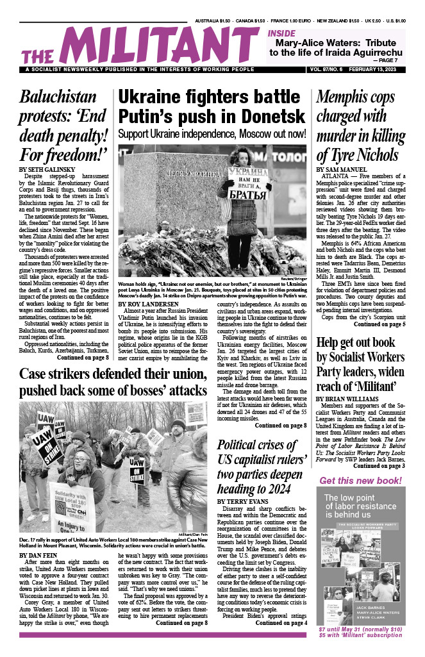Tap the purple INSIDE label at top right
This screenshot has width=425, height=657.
pos(283,33)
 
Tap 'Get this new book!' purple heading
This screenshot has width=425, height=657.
pos(360,481)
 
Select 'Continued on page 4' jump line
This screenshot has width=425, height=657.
pos(275,622)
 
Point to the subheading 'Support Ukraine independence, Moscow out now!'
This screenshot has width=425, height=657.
pos(212,134)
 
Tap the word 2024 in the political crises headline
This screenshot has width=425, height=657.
pos(290,483)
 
